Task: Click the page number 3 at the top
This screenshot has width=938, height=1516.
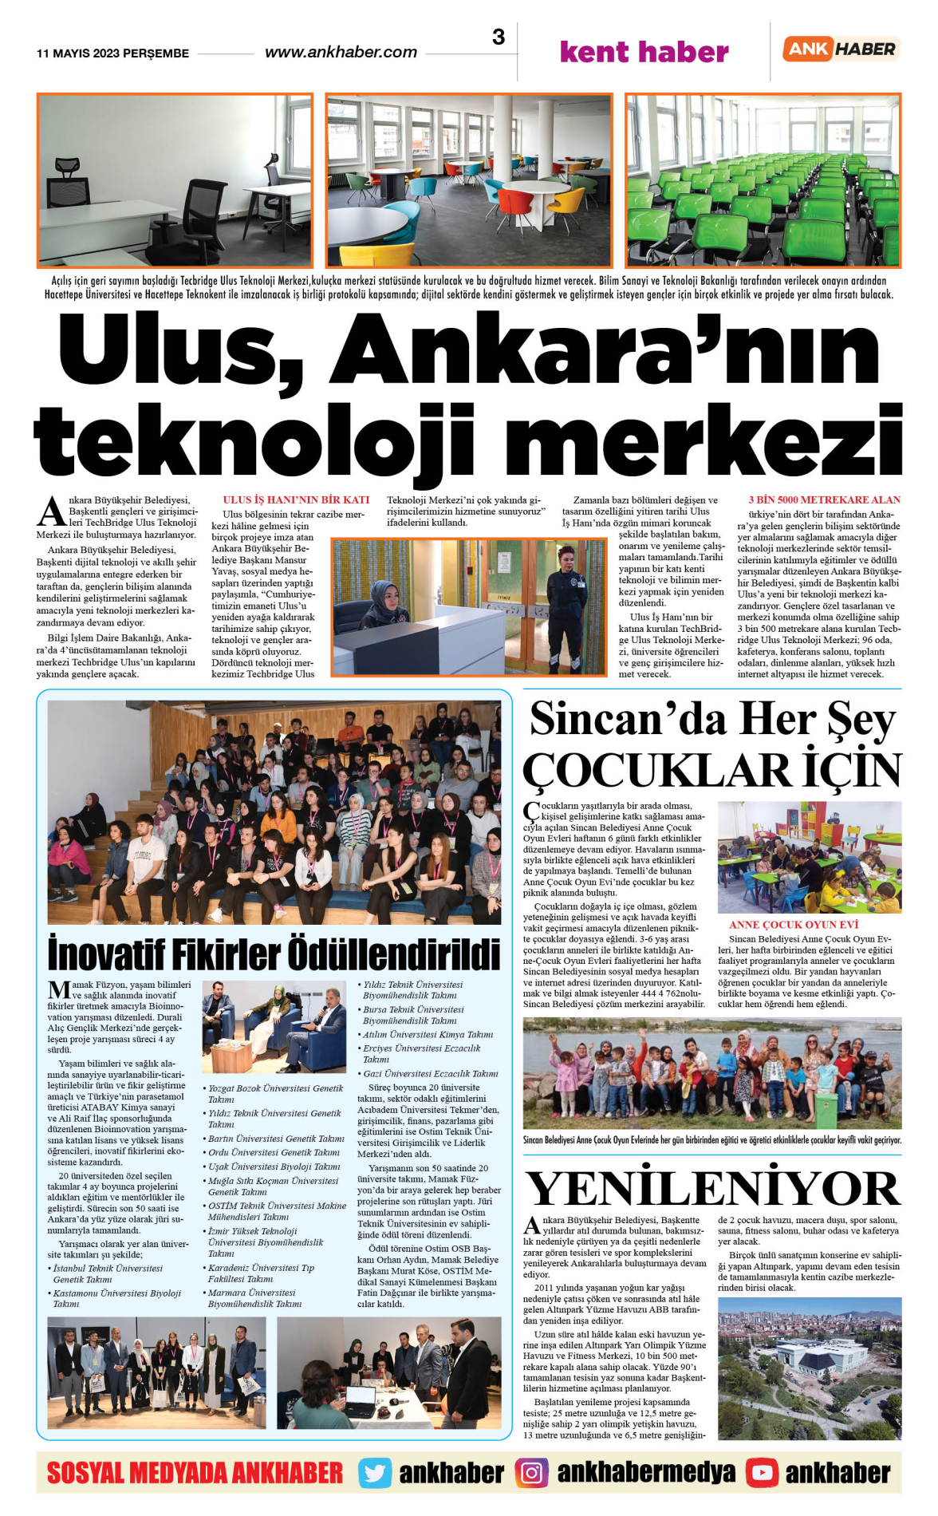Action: pyautogui.click(x=499, y=37)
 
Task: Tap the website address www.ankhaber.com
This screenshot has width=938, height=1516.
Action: pyautogui.click(x=341, y=52)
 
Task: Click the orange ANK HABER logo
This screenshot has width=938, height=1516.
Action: pyautogui.click(x=841, y=49)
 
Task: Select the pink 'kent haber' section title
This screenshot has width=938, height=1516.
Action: pyautogui.click(x=644, y=52)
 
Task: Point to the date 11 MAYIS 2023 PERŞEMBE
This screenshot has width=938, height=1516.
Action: pyautogui.click(x=112, y=53)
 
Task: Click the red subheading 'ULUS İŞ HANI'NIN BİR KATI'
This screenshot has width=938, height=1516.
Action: pyautogui.click(x=296, y=499)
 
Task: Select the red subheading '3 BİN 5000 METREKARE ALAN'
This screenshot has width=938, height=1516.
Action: pyautogui.click(x=824, y=499)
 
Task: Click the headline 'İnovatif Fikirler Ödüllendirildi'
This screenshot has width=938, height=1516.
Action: pyautogui.click(x=274, y=953)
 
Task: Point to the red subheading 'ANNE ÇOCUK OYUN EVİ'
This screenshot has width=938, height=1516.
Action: pyautogui.click(x=793, y=925)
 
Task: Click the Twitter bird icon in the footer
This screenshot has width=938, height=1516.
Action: pyautogui.click(x=374, y=1473)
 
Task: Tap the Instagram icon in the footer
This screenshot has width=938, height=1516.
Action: pyautogui.click(x=531, y=1473)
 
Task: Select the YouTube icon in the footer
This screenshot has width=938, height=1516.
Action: pyautogui.click(x=762, y=1473)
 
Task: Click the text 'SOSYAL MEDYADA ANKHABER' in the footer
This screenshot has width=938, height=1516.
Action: pyautogui.click(x=195, y=1473)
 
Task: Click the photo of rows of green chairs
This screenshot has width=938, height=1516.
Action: pyautogui.click(x=763, y=180)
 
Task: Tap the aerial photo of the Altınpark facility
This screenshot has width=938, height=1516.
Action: pyautogui.click(x=809, y=1368)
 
